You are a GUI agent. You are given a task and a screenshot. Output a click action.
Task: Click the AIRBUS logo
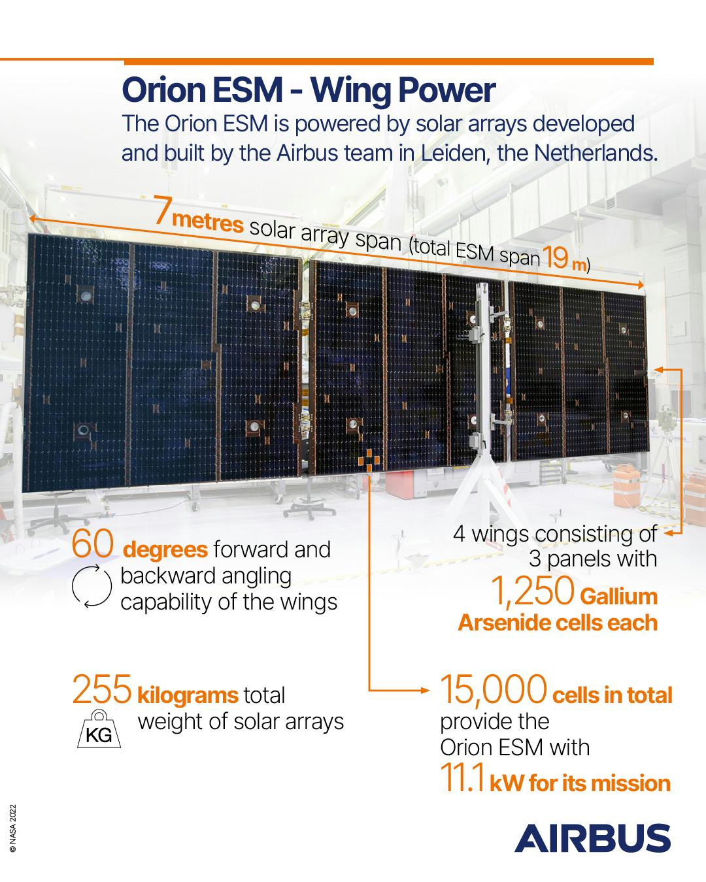tap(592, 838)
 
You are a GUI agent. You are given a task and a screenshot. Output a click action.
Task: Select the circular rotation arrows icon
tap(92, 586)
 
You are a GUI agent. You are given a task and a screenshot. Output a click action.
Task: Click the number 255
tap(102, 689)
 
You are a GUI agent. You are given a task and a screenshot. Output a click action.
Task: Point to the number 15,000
tap(494, 690)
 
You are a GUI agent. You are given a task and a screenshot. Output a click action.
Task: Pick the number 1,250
tap(532, 591)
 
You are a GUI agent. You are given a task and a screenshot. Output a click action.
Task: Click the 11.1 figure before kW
tap(463, 777)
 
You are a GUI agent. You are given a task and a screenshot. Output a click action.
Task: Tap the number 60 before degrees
tap(92, 543)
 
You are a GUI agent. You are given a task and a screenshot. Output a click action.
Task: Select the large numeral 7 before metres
tap(163, 210)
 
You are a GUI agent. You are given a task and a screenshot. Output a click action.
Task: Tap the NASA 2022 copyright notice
tap(12, 828)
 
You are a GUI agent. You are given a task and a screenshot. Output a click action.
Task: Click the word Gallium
tap(618, 596)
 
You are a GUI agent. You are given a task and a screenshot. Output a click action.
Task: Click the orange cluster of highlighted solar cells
tap(369, 460)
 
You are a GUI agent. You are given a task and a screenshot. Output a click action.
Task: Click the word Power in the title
tap(447, 91)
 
